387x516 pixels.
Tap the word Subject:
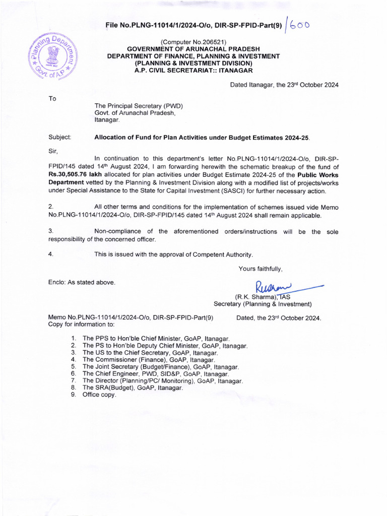click(x=60, y=137)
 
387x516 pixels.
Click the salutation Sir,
click(x=53, y=150)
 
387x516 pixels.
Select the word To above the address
click(x=52, y=98)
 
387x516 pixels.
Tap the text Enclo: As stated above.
click(x=82, y=282)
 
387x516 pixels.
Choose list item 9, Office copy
click(x=99, y=395)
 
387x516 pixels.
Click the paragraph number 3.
click(x=50, y=231)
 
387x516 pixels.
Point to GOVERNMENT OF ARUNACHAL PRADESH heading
click(x=193, y=49)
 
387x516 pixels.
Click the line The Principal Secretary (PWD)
click(x=139, y=106)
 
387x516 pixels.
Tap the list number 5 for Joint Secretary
click(x=73, y=367)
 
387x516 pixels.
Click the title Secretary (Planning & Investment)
click(x=263, y=304)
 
